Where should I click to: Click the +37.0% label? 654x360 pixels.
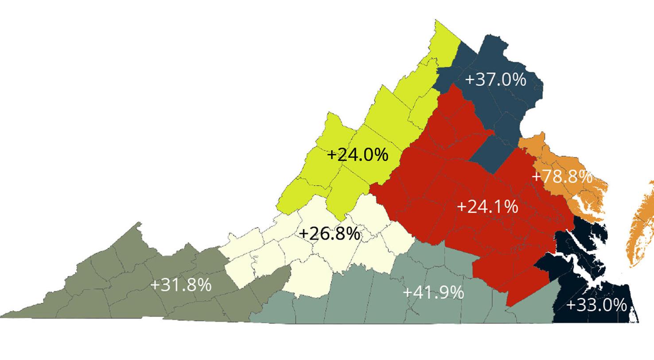pos(496,80)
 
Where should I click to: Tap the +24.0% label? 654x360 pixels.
pos(358,155)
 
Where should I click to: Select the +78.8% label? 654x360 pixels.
pos(562,176)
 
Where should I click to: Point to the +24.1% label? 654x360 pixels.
pos(487,207)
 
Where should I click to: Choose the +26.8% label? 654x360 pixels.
pos(330,234)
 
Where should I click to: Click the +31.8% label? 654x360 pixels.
pos(181,285)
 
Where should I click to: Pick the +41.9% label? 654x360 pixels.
pos(433,292)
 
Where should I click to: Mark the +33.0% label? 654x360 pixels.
pos(596,305)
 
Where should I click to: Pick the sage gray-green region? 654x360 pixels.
pos(377,301)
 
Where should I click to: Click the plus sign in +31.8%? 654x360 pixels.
pos(155,285)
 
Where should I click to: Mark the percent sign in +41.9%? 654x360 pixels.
pos(457,292)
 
